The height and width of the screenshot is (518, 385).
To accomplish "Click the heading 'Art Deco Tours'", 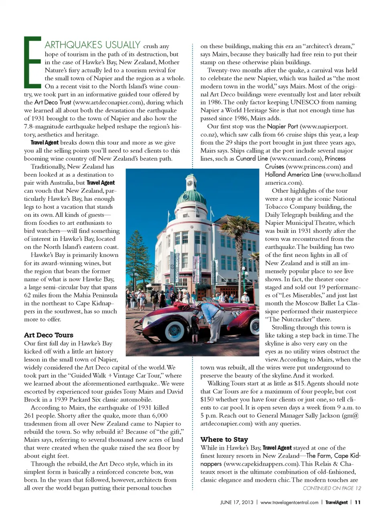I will (x=49, y=335).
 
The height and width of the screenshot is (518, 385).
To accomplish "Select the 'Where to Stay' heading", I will (x=224, y=439).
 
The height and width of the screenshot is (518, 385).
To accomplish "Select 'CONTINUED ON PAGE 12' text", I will (x=332, y=488).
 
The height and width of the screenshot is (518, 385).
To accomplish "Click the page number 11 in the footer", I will (x=357, y=502).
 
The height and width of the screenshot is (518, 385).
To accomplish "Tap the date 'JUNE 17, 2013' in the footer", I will (x=237, y=502).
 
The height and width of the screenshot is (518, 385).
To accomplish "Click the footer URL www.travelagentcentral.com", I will (x=289, y=502).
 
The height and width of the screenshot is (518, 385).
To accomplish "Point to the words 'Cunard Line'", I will (x=251, y=158).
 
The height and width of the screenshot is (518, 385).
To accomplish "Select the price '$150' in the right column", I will (x=208, y=399).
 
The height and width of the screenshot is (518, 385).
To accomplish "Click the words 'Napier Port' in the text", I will (x=282, y=126).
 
